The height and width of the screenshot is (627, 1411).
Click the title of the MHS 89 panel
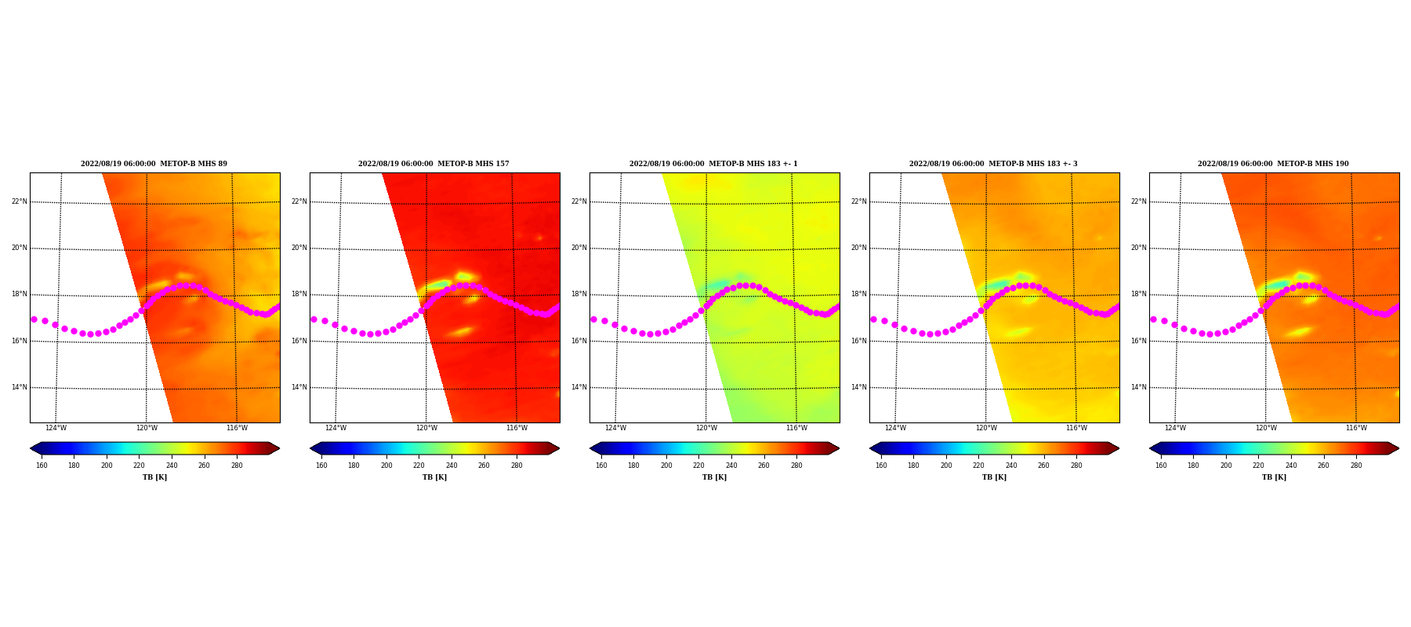(154, 164)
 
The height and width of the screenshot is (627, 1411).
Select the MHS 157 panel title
(434, 164)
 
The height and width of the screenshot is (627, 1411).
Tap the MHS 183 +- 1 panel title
(714, 164)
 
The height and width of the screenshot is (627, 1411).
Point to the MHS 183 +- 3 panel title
(994, 164)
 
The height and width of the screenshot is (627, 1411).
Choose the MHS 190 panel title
(1274, 164)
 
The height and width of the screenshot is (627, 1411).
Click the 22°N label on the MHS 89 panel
(20, 201)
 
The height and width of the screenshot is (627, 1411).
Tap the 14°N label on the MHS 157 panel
(299, 387)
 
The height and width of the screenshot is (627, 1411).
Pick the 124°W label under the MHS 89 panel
(56, 428)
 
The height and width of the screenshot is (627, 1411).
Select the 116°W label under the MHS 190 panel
(1357, 428)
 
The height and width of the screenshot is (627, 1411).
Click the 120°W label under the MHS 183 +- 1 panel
(706, 428)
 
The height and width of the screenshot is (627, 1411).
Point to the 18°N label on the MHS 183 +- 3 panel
(859, 294)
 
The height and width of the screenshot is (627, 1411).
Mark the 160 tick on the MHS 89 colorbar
(42, 466)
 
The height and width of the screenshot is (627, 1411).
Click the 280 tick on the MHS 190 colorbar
(1356, 466)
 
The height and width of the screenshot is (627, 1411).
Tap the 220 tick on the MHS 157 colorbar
(419, 466)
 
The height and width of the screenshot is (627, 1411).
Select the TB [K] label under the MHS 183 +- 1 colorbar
(714, 477)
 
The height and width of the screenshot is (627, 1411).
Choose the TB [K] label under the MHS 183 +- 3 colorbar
(994, 477)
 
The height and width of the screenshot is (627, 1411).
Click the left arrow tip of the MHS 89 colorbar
(30, 448)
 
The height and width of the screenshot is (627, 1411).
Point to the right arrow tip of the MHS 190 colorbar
(1399, 448)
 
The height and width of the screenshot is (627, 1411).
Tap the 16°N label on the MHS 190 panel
(1139, 341)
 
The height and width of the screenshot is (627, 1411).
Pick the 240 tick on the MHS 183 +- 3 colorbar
(1011, 466)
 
